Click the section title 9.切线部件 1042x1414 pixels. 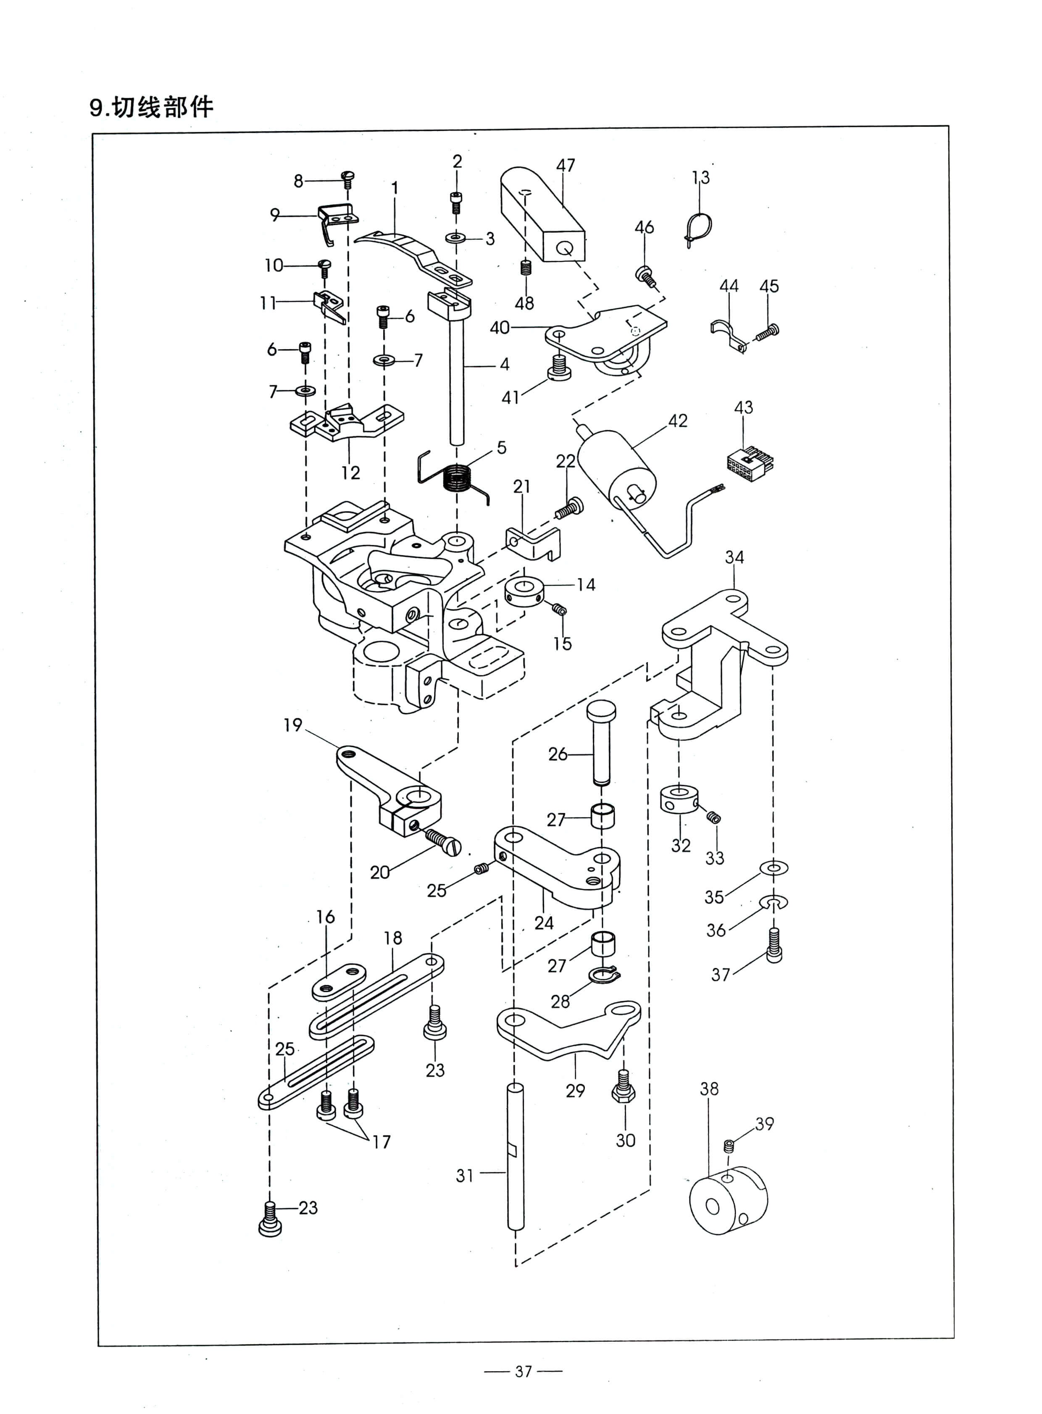point(151,107)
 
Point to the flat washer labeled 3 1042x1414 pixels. point(456,239)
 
